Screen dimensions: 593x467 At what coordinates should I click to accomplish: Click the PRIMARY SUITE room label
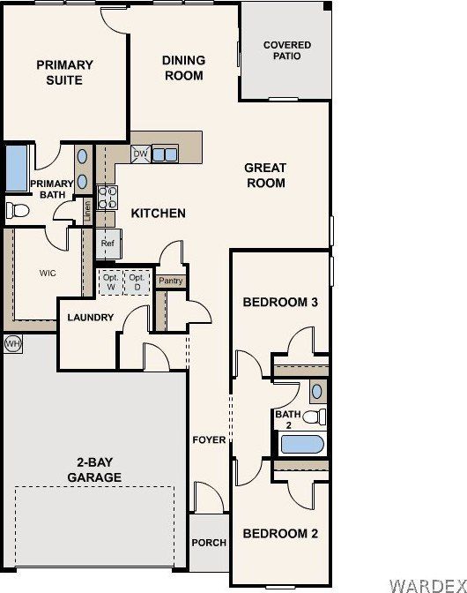(x=64, y=72)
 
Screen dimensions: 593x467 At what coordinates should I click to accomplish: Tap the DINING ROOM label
(x=183, y=68)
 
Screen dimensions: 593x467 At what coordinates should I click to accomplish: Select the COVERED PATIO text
(x=287, y=50)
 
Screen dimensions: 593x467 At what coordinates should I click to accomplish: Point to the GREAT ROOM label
(x=265, y=176)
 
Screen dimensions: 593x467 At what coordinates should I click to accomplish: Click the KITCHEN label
(x=159, y=214)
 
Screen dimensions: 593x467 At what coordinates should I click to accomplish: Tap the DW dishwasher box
(x=140, y=154)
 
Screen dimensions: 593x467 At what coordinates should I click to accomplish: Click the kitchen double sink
(x=165, y=154)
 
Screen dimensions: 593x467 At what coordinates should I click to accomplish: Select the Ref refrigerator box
(x=108, y=244)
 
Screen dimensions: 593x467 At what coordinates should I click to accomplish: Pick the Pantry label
(x=170, y=281)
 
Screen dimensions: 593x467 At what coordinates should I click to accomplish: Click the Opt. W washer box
(x=110, y=281)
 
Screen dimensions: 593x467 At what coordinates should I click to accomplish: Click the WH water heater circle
(x=12, y=342)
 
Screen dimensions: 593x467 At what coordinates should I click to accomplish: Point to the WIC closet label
(x=48, y=274)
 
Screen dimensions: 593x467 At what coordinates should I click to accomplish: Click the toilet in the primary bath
(x=17, y=210)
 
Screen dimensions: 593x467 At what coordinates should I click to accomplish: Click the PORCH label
(x=209, y=543)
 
